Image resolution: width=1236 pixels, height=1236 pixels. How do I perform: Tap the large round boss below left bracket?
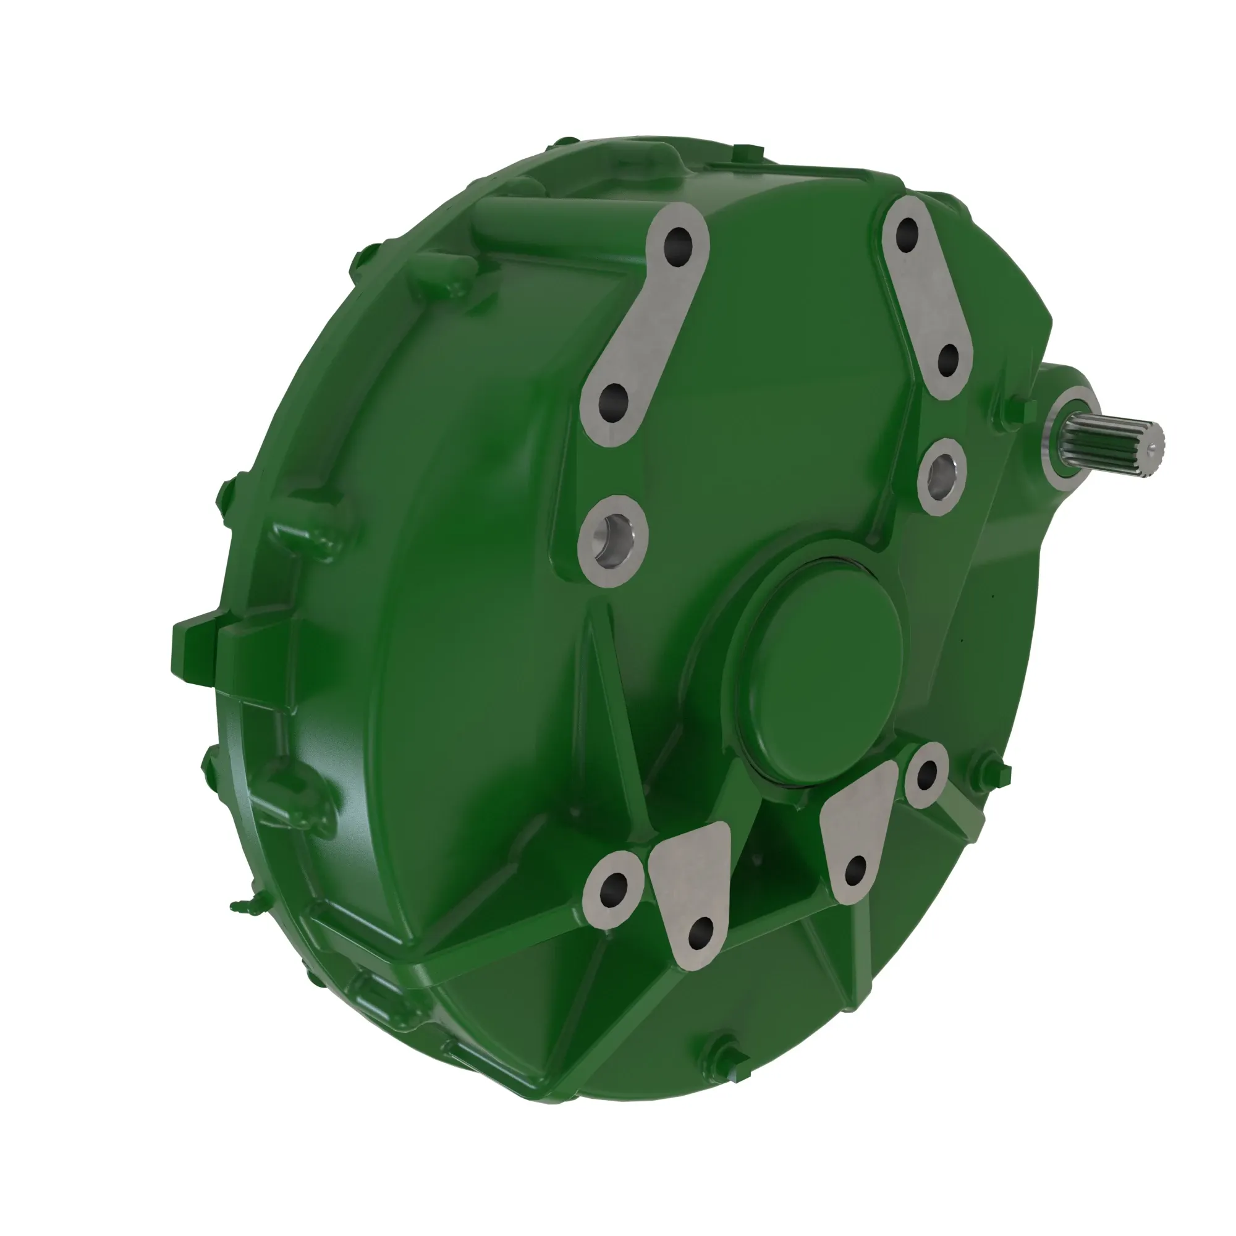613,541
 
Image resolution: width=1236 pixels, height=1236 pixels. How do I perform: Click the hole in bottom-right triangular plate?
855,870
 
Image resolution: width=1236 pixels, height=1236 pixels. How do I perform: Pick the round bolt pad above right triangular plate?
926,775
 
